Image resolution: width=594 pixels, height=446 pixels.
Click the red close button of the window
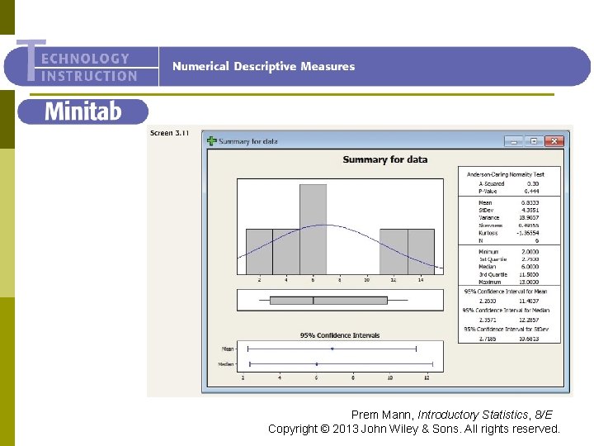click(x=558, y=141)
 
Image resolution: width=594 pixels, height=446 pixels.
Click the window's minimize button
click(x=516, y=141)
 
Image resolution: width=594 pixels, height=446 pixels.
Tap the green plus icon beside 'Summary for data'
click(x=211, y=141)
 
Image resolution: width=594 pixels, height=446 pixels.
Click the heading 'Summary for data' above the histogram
click(x=385, y=159)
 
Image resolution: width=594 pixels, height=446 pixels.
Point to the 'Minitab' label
click(x=82, y=111)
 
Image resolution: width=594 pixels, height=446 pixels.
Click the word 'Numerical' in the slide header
click(x=200, y=66)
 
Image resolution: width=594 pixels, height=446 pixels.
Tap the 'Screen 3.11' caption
click(x=170, y=133)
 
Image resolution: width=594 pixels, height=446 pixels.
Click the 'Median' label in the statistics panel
click(x=488, y=266)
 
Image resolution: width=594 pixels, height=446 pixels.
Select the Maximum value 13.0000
click(x=531, y=282)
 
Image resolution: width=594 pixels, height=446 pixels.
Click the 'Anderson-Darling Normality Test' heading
click(x=506, y=174)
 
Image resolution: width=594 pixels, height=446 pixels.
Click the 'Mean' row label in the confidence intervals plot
click(x=228, y=349)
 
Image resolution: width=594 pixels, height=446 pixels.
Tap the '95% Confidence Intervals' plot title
click(x=340, y=335)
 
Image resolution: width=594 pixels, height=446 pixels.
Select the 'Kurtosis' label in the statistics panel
click(x=488, y=232)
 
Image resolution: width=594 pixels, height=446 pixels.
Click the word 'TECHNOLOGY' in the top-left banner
click(x=84, y=59)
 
